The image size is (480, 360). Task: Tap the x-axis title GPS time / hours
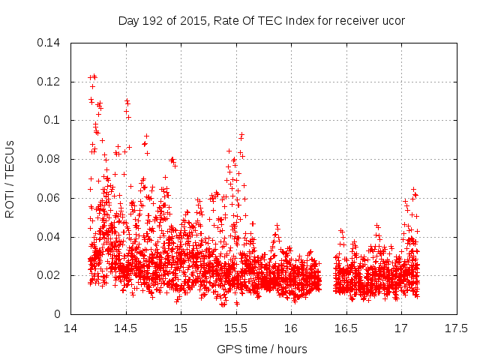pyautogui.click(x=262, y=349)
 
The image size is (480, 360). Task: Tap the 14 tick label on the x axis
pyautogui.click(x=70, y=328)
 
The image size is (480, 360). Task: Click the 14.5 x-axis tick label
pyautogui.click(x=125, y=328)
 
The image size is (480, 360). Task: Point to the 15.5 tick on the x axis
pyautogui.click(x=235, y=328)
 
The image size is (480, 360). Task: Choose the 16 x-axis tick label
pyautogui.click(x=291, y=328)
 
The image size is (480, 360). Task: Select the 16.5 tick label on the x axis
pyautogui.click(x=346, y=328)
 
